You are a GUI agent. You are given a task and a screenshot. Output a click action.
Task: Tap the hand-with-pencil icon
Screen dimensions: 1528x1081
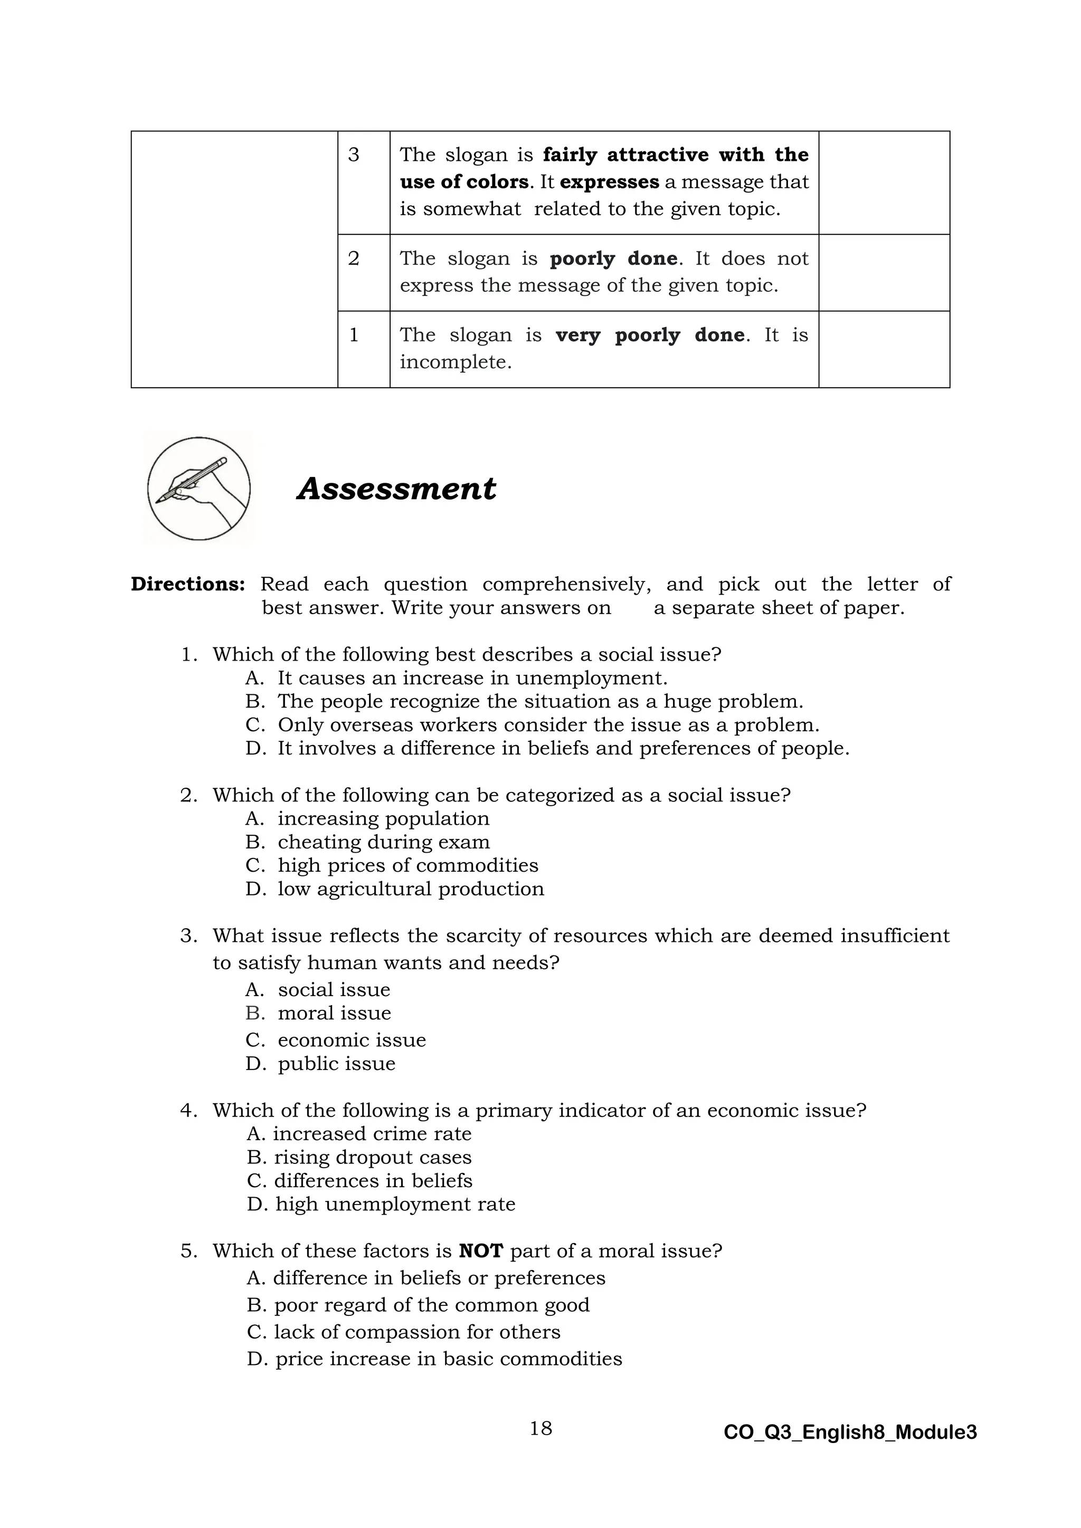pos(198,489)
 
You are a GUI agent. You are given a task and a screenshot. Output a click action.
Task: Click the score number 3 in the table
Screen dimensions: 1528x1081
pos(354,155)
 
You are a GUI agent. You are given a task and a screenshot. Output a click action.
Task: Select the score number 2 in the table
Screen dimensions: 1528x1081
pos(354,258)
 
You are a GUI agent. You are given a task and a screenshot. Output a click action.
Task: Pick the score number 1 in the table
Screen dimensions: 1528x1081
pos(354,335)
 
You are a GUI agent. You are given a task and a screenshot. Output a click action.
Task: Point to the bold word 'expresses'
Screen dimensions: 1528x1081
pos(609,182)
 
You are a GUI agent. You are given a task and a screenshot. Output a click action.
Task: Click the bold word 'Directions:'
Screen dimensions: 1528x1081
pos(188,584)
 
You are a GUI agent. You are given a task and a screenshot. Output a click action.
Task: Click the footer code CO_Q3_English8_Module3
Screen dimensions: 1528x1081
pos(850,1432)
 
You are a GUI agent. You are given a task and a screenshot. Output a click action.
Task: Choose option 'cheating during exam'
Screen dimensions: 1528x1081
pos(383,842)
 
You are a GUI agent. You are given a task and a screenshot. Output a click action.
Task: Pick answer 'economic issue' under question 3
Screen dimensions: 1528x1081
pos(352,1039)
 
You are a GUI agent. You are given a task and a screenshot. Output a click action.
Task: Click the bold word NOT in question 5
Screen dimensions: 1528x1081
pos(481,1250)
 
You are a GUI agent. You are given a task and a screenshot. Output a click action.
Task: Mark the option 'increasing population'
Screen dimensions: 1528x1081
pos(383,818)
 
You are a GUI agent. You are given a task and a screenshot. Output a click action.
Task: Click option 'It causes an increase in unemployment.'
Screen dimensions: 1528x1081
pos(472,678)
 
